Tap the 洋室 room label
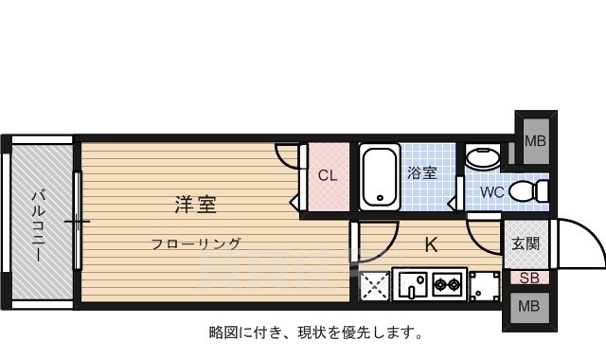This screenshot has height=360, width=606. [196, 204]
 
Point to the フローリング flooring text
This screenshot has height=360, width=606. [196, 243]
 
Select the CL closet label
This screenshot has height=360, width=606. [327, 175]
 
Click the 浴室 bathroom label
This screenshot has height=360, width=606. [421, 173]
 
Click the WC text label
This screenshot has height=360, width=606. [491, 192]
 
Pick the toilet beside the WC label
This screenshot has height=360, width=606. [526, 192]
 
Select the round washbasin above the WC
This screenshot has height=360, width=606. [484, 157]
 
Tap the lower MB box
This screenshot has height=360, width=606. [529, 307]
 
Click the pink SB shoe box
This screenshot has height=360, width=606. [529, 279]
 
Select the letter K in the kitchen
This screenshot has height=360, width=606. [430, 244]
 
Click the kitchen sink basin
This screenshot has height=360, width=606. [413, 283]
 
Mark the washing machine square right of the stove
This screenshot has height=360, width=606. [485, 284]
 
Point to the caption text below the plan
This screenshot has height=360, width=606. [316, 333]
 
